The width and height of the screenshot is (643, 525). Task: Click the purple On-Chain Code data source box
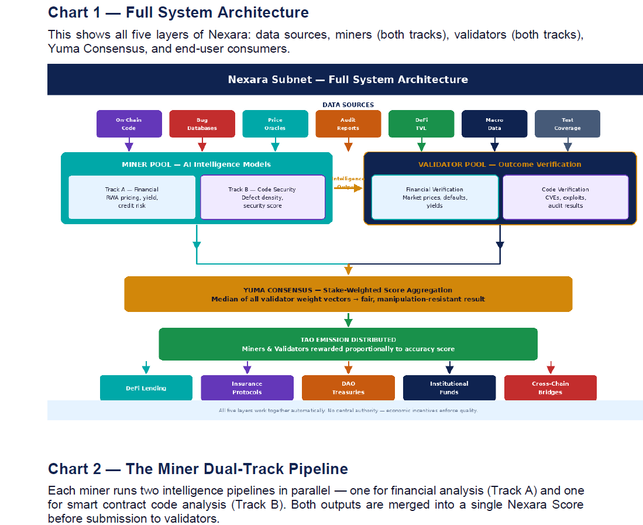pyautogui.click(x=129, y=124)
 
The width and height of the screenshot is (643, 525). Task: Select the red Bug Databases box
pyautogui.click(x=202, y=124)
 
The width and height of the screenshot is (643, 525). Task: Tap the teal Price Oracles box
pyautogui.click(x=275, y=124)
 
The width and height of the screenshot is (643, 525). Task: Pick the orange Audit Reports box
pyautogui.click(x=348, y=124)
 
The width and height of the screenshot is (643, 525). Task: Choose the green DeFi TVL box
pyautogui.click(x=421, y=124)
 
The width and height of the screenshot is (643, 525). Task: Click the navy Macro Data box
pyautogui.click(x=494, y=124)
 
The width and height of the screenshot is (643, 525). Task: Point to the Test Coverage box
pyautogui.click(x=567, y=124)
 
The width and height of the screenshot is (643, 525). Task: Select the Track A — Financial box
pyautogui.click(x=132, y=197)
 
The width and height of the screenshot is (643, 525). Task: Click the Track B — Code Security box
pyautogui.click(x=262, y=197)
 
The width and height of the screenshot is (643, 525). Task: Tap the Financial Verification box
pyautogui.click(x=434, y=197)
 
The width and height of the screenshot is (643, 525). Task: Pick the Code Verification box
pyautogui.click(x=565, y=197)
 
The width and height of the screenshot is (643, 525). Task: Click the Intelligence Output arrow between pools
pyautogui.click(x=349, y=188)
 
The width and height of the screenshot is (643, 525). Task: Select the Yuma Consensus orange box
pyautogui.click(x=348, y=294)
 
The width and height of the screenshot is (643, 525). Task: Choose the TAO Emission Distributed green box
pyautogui.click(x=348, y=344)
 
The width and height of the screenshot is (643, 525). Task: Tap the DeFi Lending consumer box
pyautogui.click(x=146, y=388)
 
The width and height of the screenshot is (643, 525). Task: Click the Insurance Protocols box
pyautogui.click(x=247, y=388)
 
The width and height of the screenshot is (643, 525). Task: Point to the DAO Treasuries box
pyautogui.click(x=348, y=388)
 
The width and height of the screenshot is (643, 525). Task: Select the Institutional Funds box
pyautogui.click(x=449, y=388)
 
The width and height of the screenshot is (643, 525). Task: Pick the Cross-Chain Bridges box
pyautogui.click(x=550, y=388)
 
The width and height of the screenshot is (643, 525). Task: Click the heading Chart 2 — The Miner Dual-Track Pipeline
pyautogui.click(x=198, y=469)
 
